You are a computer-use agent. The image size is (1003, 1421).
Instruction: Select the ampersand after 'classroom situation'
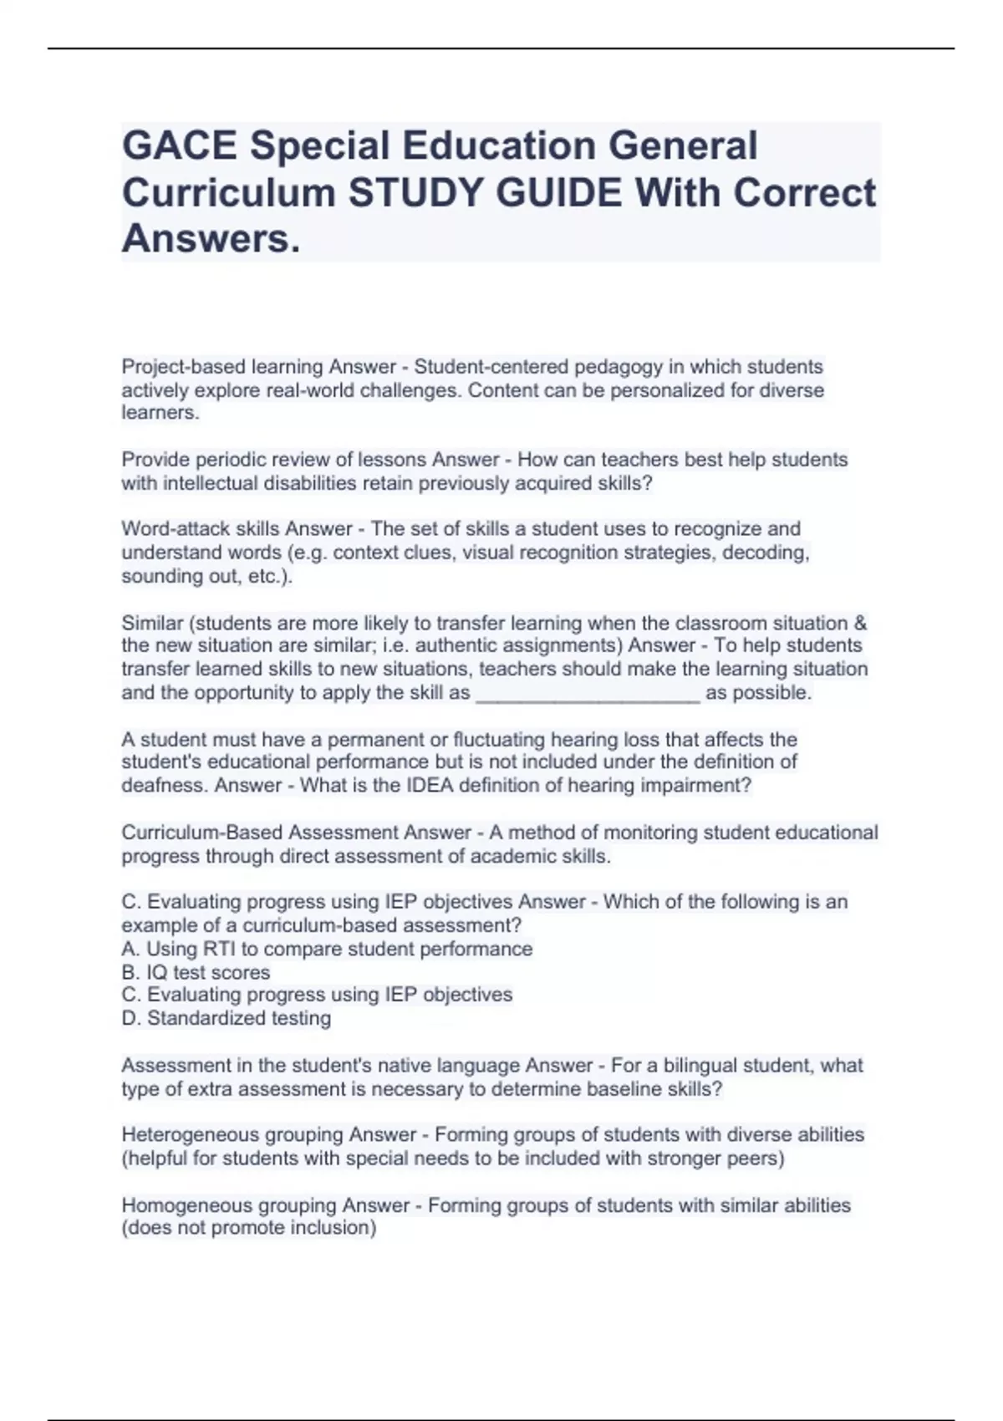[861, 624]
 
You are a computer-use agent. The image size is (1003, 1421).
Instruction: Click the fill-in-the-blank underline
[588, 694]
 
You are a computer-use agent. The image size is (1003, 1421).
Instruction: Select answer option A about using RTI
[327, 950]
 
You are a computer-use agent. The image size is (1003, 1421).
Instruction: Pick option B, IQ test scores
[196, 973]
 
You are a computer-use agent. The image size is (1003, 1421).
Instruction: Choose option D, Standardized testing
[226, 1019]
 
